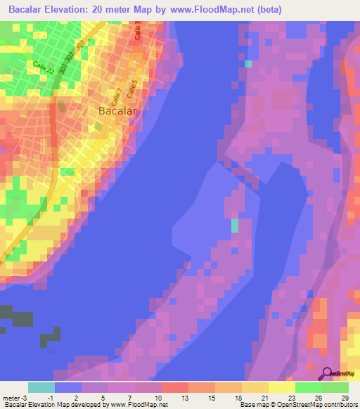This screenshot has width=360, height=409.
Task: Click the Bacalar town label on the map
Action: click(x=117, y=110)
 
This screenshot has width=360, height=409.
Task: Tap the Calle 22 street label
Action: click(x=44, y=69)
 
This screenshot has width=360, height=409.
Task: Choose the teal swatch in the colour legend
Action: click(x=41, y=387)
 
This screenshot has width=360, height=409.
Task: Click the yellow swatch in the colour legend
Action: click(x=282, y=387)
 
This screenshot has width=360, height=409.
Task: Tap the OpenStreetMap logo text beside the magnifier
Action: click(x=343, y=374)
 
